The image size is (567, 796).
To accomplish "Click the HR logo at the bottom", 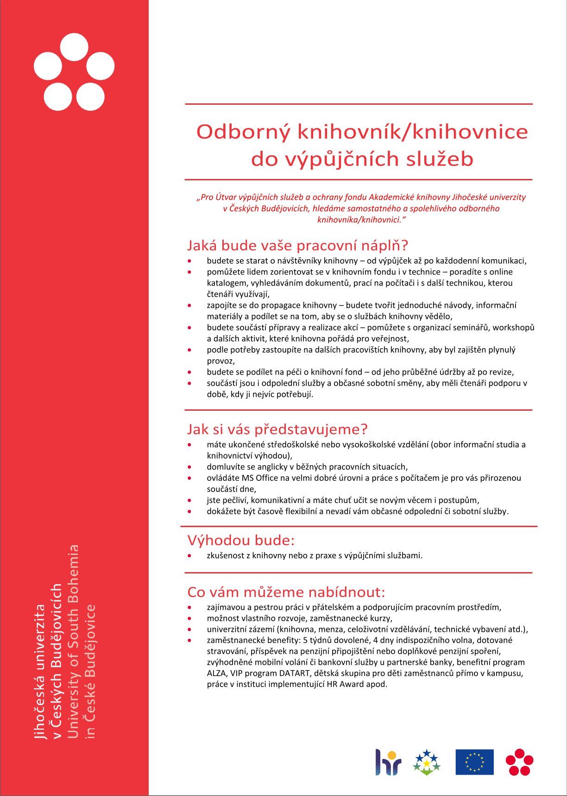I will pyautogui.click(x=388, y=762).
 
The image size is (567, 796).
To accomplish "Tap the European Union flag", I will pyautogui.click(x=474, y=762).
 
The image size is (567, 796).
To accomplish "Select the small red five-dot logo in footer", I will pyautogui.click(x=519, y=762).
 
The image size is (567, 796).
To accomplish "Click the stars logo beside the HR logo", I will pyautogui.click(x=426, y=762).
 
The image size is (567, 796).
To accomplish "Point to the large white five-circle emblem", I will pyautogui.click(x=74, y=72).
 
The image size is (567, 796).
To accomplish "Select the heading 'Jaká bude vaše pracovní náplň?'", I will pyautogui.click(x=297, y=245).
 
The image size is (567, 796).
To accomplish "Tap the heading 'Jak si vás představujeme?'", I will pyautogui.click(x=277, y=429).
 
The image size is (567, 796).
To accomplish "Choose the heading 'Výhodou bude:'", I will pyautogui.click(x=241, y=540).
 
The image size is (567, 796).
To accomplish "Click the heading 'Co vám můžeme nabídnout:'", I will pyautogui.click(x=286, y=592).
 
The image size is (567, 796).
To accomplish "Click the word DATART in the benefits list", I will pyautogui.click(x=295, y=673).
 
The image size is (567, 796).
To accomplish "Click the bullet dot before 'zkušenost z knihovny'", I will pyautogui.click(x=189, y=555).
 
